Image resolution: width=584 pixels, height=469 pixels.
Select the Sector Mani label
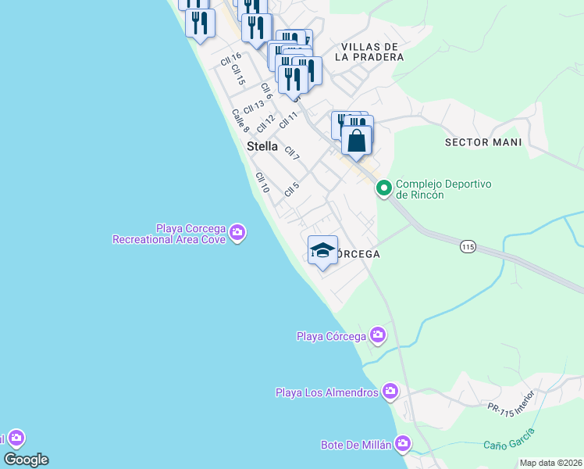pyautogui.click(x=483, y=142)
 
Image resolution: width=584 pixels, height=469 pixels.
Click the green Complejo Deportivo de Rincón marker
pyautogui.click(x=383, y=188)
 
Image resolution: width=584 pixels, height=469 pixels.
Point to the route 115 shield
pyautogui.click(x=468, y=246)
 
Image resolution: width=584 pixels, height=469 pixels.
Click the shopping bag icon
pyautogui.click(x=357, y=141)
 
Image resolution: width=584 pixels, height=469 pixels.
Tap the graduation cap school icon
pyautogui.click(x=322, y=251)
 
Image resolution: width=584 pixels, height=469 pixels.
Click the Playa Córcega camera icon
pyautogui.click(x=378, y=335)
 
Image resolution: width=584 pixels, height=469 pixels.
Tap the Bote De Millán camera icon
pyautogui.click(x=402, y=444)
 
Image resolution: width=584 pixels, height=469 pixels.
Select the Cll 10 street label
pyautogui.click(x=262, y=183)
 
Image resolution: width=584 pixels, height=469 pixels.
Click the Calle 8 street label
pyautogui.click(x=240, y=120)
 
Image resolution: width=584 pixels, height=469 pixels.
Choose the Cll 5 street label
pyautogui.click(x=292, y=189)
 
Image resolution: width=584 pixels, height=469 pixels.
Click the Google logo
pyautogui.click(x=26, y=460)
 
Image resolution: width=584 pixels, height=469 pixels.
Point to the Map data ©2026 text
pyautogui.click(x=550, y=463)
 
